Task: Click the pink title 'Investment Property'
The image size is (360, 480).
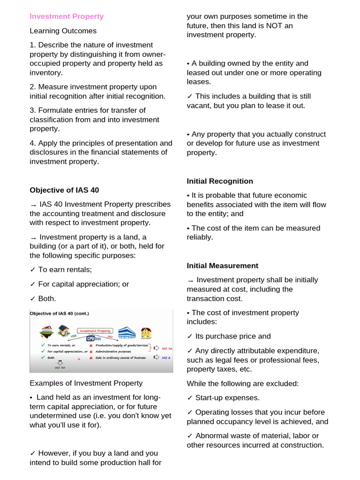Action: coord(67,16)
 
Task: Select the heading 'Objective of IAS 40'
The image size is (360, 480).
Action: coord(64,190)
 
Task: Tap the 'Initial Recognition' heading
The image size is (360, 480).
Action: coord(220,181)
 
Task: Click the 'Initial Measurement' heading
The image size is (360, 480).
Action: coord(222,266)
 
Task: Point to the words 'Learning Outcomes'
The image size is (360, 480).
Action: coord(63,31)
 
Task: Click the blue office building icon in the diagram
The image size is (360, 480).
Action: coord(127,333)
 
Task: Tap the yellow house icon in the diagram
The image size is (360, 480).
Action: coord(146,333)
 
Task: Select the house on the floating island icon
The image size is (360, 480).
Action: coord(46,332)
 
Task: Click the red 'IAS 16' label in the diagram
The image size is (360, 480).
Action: coord(166,348)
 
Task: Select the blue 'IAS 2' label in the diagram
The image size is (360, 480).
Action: coord(166,358)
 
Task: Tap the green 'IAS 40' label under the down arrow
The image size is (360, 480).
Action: coord(60,368)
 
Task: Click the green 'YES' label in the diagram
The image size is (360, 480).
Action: coord(73,336)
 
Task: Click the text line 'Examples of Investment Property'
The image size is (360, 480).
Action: coord(86,383)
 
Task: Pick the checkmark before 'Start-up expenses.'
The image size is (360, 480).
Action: coord(189,397)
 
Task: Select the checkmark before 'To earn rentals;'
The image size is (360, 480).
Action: coord(32,270)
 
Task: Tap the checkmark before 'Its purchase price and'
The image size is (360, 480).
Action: coord(189,336)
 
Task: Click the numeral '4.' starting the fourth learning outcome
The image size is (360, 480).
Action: coord(33,143)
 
